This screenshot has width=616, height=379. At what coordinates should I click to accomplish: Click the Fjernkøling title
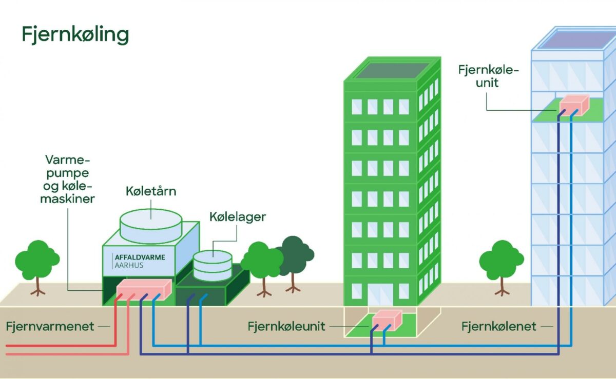click(75, 35)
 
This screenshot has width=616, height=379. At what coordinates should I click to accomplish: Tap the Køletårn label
click(151, 191)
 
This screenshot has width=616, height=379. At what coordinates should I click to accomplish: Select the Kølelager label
click(238, 217)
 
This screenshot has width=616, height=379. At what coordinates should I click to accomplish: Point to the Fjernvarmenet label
click(50, 326)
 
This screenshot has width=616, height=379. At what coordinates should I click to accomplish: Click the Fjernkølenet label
click(498, 326)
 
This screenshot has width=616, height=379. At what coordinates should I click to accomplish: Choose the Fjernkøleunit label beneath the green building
click(286, 326)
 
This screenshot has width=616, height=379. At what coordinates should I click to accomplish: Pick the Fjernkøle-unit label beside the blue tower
click(488, 75)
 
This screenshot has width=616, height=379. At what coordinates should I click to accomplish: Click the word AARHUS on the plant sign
click(129, 266)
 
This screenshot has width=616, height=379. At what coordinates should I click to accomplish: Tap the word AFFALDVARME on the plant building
click(140, 257)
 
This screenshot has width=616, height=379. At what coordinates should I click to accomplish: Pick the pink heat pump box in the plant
click(143, 290)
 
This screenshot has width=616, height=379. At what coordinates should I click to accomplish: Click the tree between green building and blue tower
click(501, 262)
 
